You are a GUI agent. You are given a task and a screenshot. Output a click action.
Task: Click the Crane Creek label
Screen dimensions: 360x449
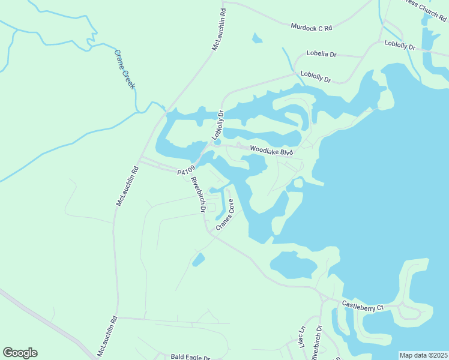125,70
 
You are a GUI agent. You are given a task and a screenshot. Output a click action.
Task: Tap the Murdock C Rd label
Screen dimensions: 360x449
311,27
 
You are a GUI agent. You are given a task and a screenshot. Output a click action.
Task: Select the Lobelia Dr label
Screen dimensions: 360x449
321,54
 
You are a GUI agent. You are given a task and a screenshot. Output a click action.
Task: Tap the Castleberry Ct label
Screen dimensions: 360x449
362,306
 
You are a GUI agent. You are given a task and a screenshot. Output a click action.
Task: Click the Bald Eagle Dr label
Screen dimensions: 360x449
190,357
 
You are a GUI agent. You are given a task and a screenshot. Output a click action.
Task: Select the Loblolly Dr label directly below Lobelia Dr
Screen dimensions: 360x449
316,76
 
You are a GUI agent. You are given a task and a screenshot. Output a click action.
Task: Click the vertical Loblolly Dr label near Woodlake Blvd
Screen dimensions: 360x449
217,125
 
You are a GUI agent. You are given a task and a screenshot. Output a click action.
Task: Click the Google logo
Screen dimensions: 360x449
20,353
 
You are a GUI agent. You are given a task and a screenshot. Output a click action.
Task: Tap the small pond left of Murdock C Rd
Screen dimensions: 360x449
258,39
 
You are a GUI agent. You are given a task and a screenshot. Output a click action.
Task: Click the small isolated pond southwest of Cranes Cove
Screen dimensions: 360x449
198,260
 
